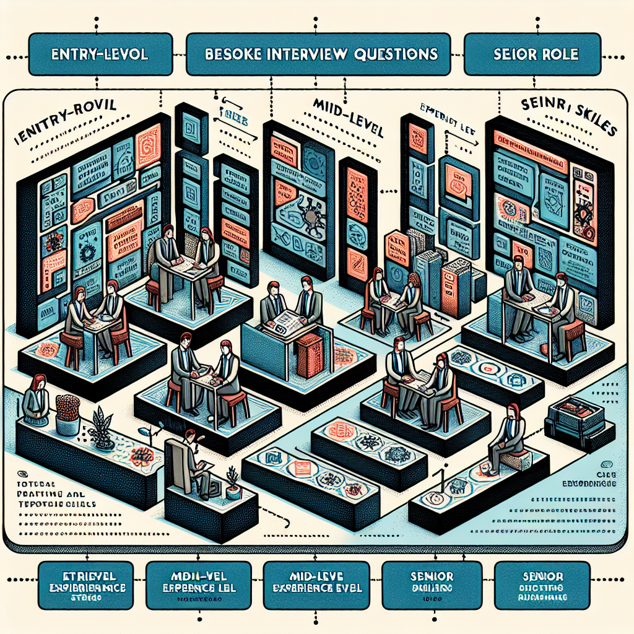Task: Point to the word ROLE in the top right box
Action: (558, 54)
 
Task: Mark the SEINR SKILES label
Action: (560, 117)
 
